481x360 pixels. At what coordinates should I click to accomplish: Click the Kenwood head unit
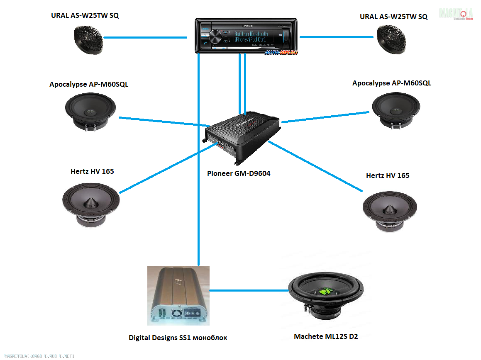click(x=247, y=36)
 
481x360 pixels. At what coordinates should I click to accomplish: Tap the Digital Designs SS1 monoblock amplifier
click(x=178, y=296)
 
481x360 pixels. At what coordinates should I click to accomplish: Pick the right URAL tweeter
click(x=391, y=39)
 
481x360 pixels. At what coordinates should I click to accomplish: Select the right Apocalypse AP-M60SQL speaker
click(x=396, y=109)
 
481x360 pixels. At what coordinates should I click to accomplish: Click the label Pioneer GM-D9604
click(x=239, y=173)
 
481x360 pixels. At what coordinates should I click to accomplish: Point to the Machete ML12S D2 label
click(x=326, y=336)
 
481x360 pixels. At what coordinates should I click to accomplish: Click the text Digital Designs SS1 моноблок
click(x=178, y=338)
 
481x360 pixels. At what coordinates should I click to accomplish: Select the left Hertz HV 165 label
click(x=92, y=171)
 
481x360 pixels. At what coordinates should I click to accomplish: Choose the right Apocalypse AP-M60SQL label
click(x=391, y=83)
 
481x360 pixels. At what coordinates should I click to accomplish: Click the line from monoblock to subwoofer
click(x=249, y=290)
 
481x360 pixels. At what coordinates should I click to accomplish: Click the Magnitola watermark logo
click(x=456, y=14)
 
